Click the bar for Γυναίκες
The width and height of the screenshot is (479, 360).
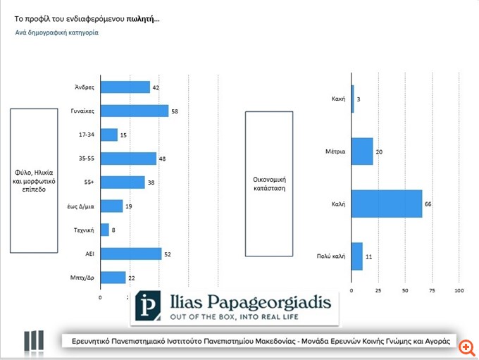point(135,111)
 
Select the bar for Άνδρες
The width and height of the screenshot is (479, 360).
point(125,87)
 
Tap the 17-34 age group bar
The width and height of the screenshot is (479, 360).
point(109,135)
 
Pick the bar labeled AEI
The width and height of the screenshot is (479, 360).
point(131,254)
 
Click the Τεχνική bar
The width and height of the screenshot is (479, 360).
point(105,230)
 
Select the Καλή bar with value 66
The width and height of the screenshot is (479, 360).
point(386,204)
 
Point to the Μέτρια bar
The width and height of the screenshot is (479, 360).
point(361,151)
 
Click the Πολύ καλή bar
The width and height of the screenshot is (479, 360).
point(356,256)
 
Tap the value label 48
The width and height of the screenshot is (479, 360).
point(163,159)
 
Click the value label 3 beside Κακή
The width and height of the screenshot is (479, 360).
point(359,99)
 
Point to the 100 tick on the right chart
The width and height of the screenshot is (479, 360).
point(459,291)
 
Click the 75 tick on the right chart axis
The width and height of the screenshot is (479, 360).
point(432,291)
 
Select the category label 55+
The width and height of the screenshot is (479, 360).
point(89,182)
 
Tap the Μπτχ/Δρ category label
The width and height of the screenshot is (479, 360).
point(85,278)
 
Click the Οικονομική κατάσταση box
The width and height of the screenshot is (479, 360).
point(268,183)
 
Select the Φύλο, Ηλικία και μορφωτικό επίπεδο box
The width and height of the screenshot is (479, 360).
point(34,180)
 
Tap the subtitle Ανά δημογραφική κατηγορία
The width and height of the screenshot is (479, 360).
point(56,32)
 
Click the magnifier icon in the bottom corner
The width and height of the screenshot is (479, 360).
point(464,346)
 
